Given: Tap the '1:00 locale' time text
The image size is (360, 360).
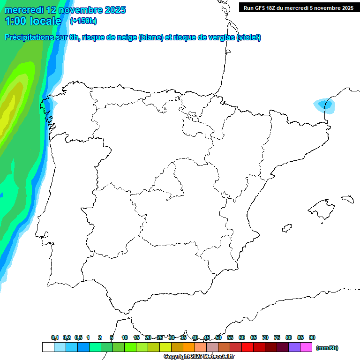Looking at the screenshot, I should click(33, 21).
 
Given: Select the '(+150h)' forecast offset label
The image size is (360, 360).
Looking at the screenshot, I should click(83, 21).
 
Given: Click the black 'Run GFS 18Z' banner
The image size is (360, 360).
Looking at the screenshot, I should click(298, 7).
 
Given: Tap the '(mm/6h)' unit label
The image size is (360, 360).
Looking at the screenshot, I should click(327, 348).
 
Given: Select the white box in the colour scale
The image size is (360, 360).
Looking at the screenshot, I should click(48, 347).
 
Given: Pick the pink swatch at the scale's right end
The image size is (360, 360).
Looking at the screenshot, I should click(306, 347).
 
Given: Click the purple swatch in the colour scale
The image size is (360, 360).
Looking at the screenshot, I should click(294, 347).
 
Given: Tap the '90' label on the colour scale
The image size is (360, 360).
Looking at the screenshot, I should click(312, 338).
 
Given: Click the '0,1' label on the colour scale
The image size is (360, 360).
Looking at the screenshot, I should click(55, 338).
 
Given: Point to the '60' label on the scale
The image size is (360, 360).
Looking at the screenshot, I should click(242, 338).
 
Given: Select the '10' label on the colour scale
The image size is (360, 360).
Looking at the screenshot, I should click(125, 338).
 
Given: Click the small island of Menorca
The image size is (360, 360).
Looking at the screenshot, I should click(347, 199).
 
